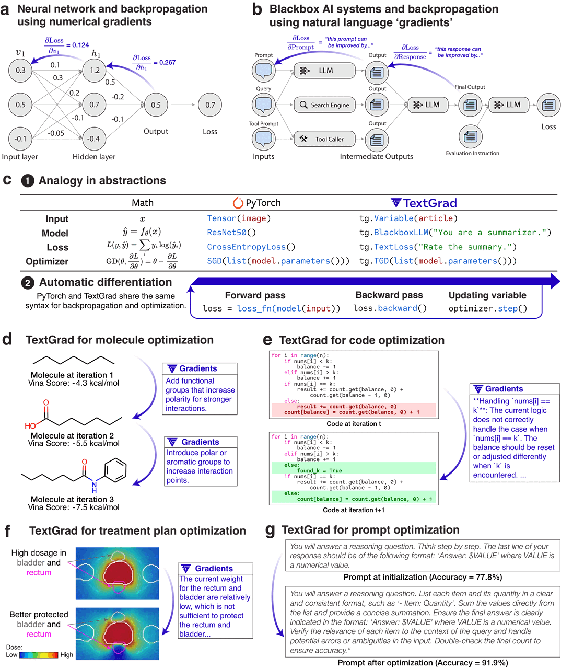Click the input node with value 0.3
pos(20,70)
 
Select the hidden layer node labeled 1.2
pos(95,70)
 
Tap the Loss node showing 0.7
pos(210,105)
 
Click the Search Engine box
pos(325,105)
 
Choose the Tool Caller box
pos(325,139)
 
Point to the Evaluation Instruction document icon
pos(471,137)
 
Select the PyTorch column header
pos(256,202)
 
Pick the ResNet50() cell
pos(231,232)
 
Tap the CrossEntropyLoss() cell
pos(251,247)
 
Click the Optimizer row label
pos(47,261)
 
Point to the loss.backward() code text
pos(390,308)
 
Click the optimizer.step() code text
pos(487,308)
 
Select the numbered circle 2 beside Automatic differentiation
pos(28,283)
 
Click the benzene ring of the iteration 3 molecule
pos(115,470)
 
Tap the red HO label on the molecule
pos(30,426)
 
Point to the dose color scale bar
pos(39,655)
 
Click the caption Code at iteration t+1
pos(354,510)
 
